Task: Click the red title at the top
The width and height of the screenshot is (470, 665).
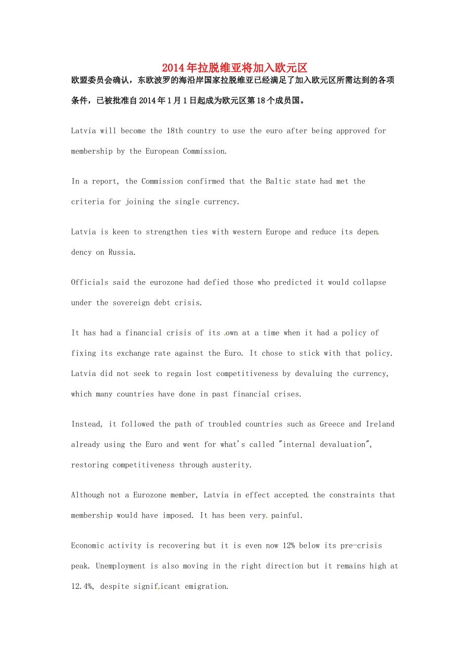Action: pos(235,68)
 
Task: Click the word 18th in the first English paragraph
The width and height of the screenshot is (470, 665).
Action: pos(175,131)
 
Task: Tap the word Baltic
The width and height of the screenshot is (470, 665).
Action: pos(278,182)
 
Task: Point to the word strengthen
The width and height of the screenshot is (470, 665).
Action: pos(167,232)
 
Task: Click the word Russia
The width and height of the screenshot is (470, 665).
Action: pos(122,252)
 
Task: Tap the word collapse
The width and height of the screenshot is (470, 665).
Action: pos(369,283)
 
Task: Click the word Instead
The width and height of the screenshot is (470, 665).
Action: pos(87,424)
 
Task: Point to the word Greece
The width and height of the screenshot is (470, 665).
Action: pos(332,424)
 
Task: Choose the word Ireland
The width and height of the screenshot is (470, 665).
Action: pos(380,424)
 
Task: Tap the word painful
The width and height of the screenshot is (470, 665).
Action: pos(286,516)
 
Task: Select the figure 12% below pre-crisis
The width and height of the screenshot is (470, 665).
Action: pos(288,546)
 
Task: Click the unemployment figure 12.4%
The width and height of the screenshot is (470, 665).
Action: pos(82,586)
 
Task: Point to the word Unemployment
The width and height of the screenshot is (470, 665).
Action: pos(121,566)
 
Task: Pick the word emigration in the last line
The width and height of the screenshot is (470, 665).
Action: pos(206,586)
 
